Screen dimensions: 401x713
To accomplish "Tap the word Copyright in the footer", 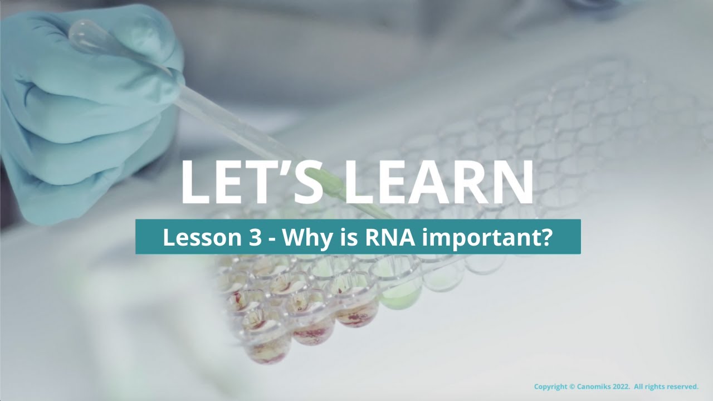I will click(550, 387).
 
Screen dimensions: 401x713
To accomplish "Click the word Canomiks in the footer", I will click(595, 387).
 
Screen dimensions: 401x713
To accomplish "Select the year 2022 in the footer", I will click(622, 387).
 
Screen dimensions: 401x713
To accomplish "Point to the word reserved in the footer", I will click(682, 387).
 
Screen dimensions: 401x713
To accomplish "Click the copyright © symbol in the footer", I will click(572, 387).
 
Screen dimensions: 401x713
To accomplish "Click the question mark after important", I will click(545, 237).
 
